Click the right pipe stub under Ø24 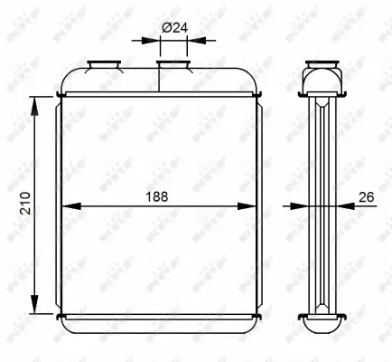coord(173,66)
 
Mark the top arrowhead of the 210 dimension coord(35,107)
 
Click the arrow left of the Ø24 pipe coord(150,40)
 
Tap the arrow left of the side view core coord(300,206)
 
